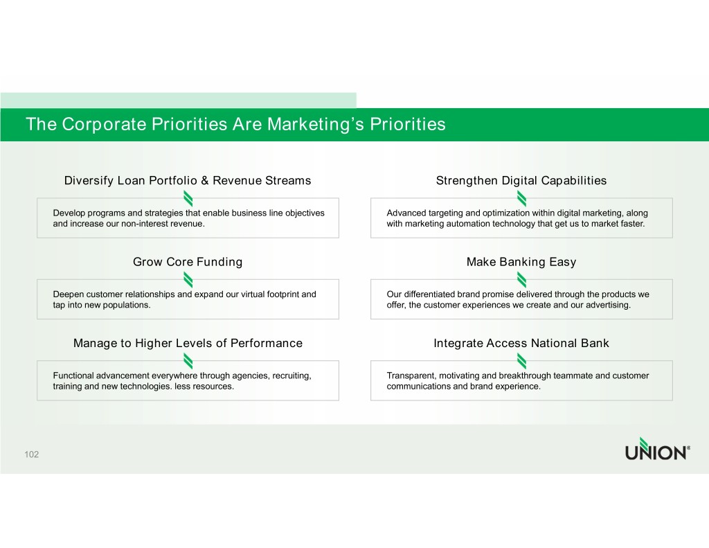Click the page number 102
click(x=32, y=454)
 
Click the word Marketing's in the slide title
click(x=315, y=125)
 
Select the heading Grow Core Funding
click(x=188, y=262)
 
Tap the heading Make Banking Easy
click(x=521, y=262)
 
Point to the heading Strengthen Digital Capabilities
click(x=521, y=181)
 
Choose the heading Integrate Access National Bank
click(x=521, y=343)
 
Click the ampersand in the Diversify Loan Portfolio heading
click(x=205, y=181)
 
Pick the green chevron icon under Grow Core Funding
click(x=188, y=280)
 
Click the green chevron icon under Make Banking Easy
click(x=522, y=280)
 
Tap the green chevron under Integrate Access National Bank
click(x=522, y=361)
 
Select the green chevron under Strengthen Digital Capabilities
click(x=522, y=198)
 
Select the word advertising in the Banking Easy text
click(x=608, y=305)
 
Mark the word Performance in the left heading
click(x=267, y=343)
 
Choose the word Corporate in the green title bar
click(x=104, y=125)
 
